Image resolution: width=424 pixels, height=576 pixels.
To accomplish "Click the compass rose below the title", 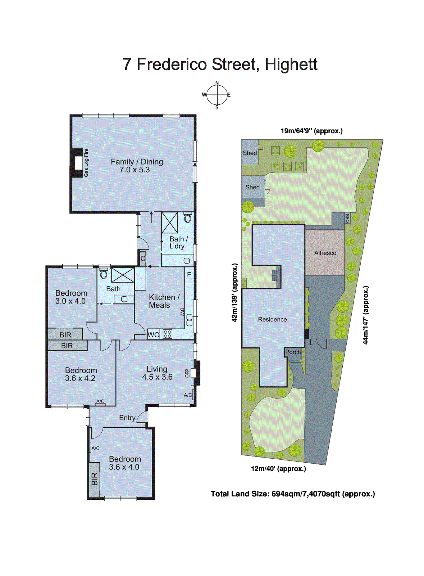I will click(x=216, y=95).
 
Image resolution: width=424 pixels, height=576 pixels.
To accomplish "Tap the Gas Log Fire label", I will click(x=86, y=163).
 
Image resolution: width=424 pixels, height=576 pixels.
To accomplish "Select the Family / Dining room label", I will click(x=137, y=166).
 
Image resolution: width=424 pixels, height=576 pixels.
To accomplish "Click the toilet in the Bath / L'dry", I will click(x=187, y=218).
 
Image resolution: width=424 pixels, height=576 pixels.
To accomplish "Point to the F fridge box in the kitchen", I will click(x=189, y=275).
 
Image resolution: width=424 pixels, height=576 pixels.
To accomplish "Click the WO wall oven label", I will click(x=153, y=335).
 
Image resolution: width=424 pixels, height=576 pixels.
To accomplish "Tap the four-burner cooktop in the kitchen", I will click(x=168, y=334).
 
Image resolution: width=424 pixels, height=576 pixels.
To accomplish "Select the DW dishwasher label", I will click(x=182, y=312).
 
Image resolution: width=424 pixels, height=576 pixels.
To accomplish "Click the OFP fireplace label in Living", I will click(x=187, y=373).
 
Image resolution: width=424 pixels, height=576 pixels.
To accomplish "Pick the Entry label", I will click(x=127, y=418).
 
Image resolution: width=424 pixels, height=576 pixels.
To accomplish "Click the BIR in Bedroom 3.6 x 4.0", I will click(x=94, y=479).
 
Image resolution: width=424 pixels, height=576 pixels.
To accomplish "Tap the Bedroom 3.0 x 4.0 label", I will click(x=71, y=297).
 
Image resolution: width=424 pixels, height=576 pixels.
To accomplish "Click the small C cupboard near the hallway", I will click(x=143, y=258).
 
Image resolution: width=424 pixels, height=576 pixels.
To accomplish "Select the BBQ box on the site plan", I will click(x=347, y=218).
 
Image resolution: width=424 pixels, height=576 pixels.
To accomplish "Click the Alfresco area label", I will click(x=325, y=253).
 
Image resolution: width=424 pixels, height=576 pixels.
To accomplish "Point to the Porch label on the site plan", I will click(x=293, y=352).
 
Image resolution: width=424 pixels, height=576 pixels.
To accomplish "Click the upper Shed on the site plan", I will click(x=250, y=153).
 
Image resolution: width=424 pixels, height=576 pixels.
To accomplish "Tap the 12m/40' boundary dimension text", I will click(x=278, y=469).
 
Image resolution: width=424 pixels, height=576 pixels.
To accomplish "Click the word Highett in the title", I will click(x=291, y=64).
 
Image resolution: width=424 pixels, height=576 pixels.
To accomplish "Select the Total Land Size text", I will click(x=292, y=494).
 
